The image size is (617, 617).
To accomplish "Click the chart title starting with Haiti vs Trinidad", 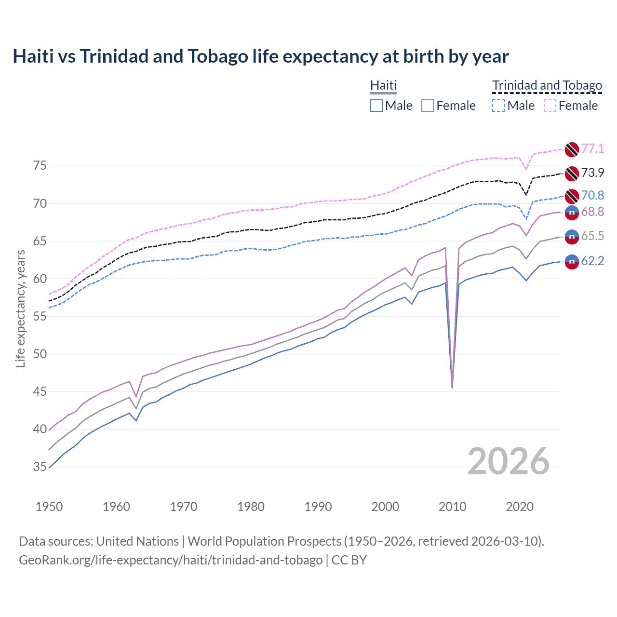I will (260, 56).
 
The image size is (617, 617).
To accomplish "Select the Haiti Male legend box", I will (376, 106).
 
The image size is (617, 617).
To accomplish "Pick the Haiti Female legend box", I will (428, 106).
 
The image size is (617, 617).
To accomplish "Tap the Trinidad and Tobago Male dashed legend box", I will (498, 106).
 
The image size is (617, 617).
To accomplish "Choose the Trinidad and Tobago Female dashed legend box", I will (550, 106).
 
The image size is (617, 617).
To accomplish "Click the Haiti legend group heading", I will (383, 85).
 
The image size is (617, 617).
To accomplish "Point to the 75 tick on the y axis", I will (40, 166).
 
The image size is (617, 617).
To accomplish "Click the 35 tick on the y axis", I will (40, 467).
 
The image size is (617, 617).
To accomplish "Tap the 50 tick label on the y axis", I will (40, 354).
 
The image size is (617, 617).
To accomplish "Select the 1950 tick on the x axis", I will (49, 507).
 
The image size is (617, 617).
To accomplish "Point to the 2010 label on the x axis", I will (452, 507).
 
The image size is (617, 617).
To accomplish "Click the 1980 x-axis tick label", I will (251, 507).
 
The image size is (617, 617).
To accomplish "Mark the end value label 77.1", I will (592, 148).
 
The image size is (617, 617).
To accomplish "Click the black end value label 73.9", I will (592, 173).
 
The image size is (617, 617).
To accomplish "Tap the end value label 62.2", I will (592, 261).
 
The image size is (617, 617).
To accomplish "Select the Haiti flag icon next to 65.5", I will (572, 236).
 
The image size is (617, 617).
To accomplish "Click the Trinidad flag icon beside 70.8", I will (572, 196).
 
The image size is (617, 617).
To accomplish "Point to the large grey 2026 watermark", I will (509, 461).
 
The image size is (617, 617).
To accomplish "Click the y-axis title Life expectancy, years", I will (20, 308).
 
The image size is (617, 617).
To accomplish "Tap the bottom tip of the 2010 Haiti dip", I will (452, 388).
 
